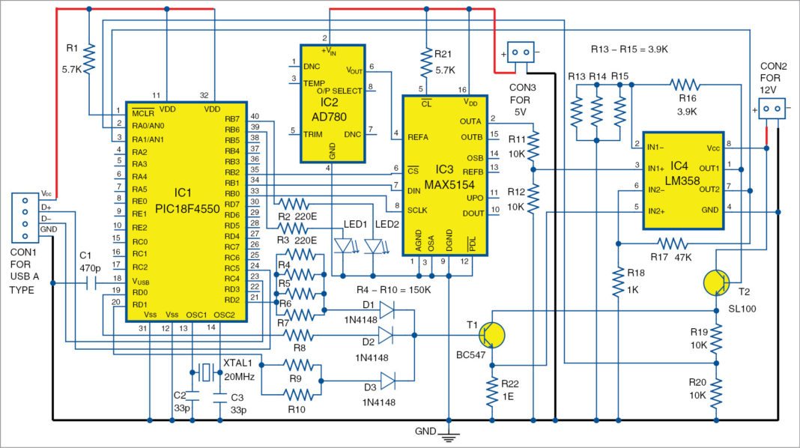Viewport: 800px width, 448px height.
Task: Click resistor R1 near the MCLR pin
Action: tap(89, 59)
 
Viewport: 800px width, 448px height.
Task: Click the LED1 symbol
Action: tap(345, 245)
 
